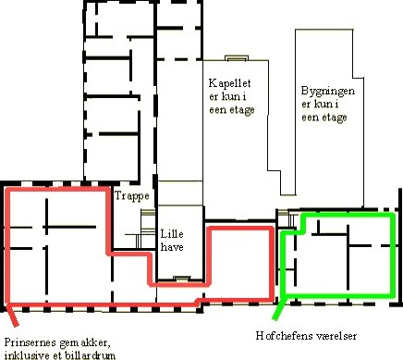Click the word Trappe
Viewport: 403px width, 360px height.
click(x=132, y=196)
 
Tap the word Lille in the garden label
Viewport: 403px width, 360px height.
click(x=172, y=234)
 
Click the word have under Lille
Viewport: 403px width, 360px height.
click(x=172, y=247)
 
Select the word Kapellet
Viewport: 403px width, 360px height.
click(x=229, y=83)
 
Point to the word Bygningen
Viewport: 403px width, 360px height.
click(x=328, y=92)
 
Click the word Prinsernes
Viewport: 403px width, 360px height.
click(x=31, y=342)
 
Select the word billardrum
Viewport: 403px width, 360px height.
click(x=90, y=355)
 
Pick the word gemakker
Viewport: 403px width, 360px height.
click(x=84, y=343)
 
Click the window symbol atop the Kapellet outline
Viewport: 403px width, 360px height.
click(x=237, y=58)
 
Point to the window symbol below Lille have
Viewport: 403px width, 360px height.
click(x=182, y=279)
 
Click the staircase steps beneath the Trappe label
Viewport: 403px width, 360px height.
click(x=145, y=229)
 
